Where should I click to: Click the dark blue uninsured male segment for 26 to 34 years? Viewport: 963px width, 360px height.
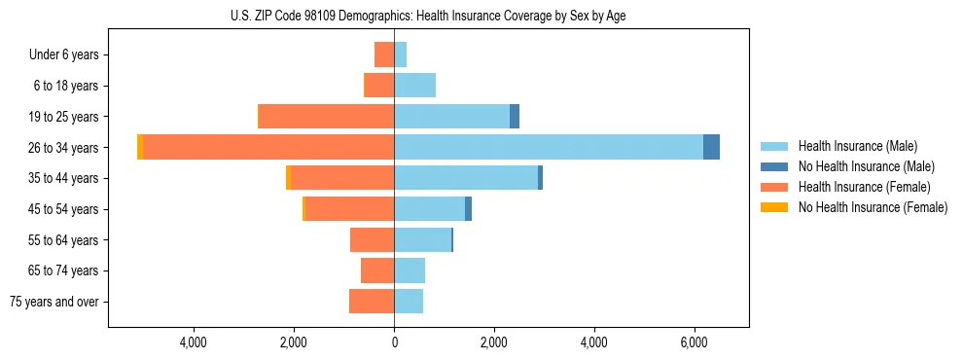711,147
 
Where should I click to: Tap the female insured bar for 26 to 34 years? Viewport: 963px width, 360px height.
268,147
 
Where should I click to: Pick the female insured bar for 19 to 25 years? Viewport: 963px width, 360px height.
326,117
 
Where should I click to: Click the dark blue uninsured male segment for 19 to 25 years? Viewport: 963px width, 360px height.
515,117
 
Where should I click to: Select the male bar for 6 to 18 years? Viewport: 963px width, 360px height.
414,86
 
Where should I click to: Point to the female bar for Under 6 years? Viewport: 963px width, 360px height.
384,54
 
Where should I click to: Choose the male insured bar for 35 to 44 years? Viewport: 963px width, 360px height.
466,178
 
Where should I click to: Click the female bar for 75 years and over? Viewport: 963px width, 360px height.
372,302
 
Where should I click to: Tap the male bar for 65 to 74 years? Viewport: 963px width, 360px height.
410,270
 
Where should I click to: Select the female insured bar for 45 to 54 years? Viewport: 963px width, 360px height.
349,209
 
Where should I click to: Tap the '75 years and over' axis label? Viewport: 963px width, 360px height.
54,302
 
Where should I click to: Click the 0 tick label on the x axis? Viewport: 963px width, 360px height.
394,342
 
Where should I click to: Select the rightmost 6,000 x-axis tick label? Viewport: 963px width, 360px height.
694,342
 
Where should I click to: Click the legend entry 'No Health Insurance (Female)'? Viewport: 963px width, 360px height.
873,207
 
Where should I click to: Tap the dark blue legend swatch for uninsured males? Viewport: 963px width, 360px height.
774,166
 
